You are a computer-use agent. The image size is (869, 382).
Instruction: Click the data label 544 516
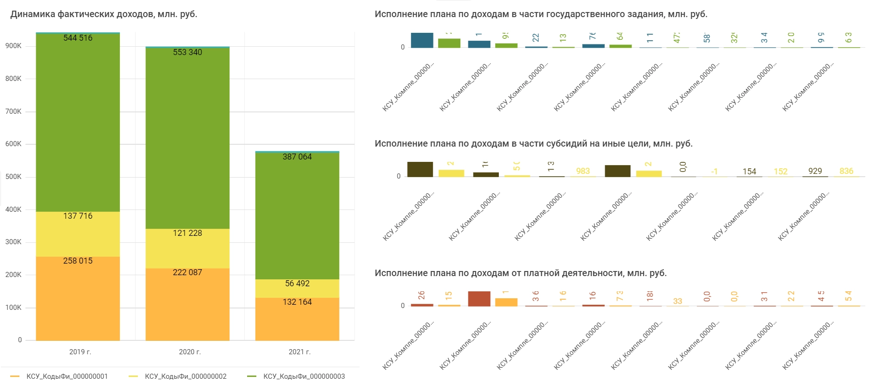(x=78, y=38)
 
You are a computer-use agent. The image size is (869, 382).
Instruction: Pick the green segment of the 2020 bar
(x=187, y=139)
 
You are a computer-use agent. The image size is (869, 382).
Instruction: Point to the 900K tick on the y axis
(x=13, y=46)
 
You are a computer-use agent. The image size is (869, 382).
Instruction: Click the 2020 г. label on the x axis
(x=190, y=352)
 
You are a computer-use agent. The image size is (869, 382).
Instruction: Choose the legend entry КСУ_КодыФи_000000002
(x=186, y=376)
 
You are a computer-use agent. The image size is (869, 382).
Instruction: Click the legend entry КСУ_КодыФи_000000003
(x=304, y=376)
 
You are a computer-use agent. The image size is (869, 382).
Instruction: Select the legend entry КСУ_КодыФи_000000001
(x=67, y=376)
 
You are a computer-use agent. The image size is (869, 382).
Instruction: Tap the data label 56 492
(x=297, y=283)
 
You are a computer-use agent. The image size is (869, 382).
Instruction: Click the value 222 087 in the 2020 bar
(x=187, y=272)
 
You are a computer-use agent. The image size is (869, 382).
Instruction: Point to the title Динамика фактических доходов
(x=104, y=14)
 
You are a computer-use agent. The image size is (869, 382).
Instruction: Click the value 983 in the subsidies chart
(x=583, y=171)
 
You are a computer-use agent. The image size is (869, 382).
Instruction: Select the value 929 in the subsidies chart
(x=815, y=171)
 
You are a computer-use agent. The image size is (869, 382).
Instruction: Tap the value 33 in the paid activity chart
(x=677, y=301)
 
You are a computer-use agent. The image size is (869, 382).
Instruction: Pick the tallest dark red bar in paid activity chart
(x=479, y=299)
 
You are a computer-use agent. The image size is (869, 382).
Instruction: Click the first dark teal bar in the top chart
(x=422, y=40)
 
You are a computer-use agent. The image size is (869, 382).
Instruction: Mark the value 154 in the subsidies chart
(x=749, y=172)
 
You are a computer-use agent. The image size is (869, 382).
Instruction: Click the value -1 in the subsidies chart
(x=714, y=172)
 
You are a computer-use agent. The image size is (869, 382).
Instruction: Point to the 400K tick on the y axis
(x=13, y=209)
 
